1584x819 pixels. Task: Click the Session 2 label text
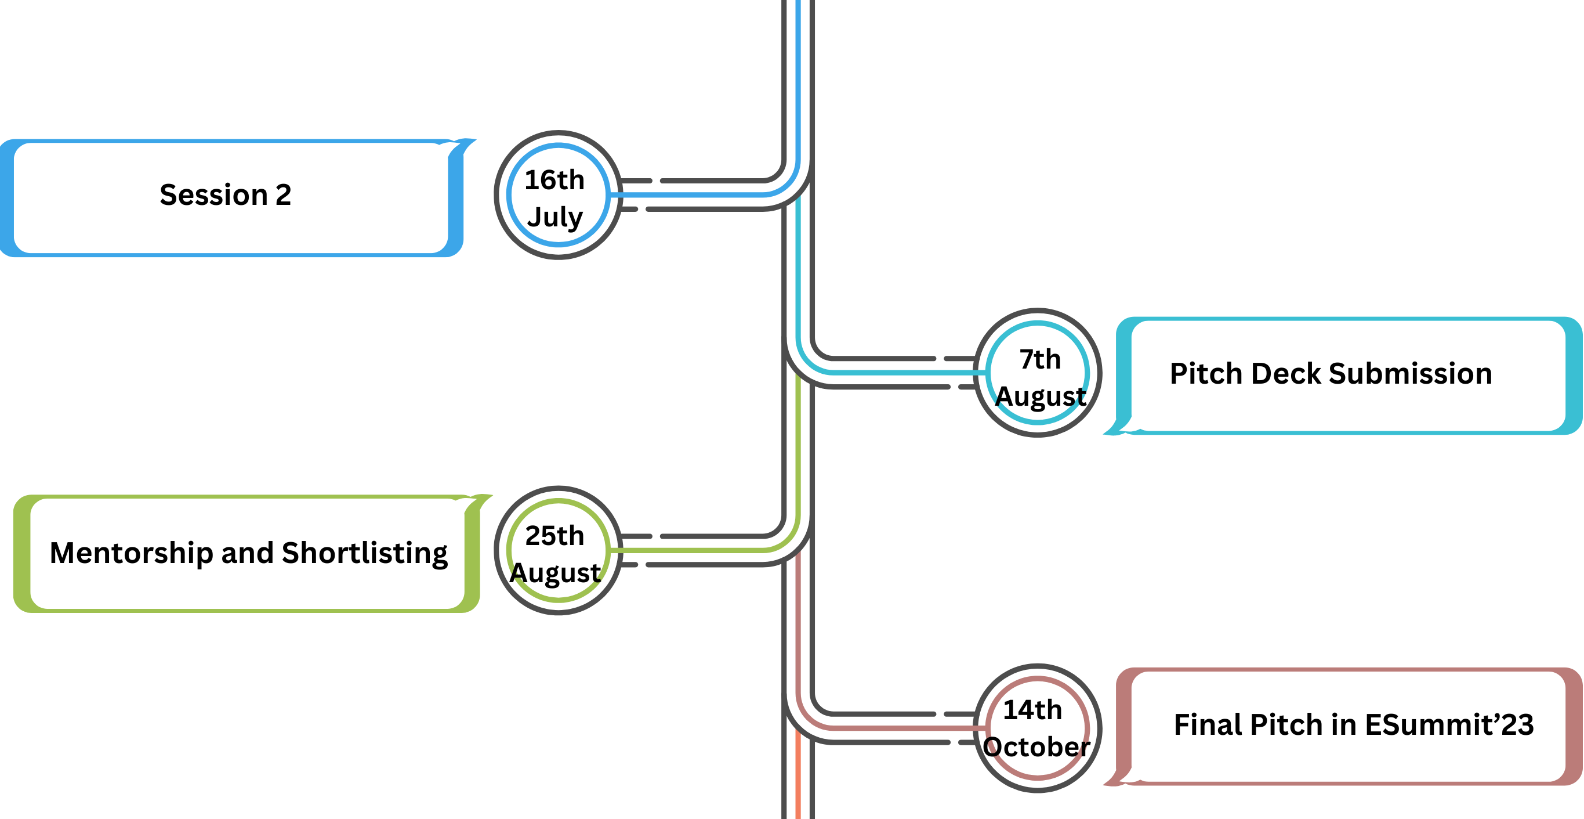click(225, 195)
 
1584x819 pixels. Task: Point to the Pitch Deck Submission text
click(1331, 373)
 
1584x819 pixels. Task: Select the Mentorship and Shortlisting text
click(248, 553)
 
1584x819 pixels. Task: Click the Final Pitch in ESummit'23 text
click(1353, 724)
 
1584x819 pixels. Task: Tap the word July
click(554, 217)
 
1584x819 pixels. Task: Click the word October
click(1036, 746)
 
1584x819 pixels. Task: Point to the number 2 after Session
click(283, 195)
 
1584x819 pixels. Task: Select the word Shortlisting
click(365, 553)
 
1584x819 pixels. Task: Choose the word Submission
click(1411, 373)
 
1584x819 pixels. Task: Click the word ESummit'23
click(1449, 724)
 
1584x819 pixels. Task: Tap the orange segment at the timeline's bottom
click(798, 774)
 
